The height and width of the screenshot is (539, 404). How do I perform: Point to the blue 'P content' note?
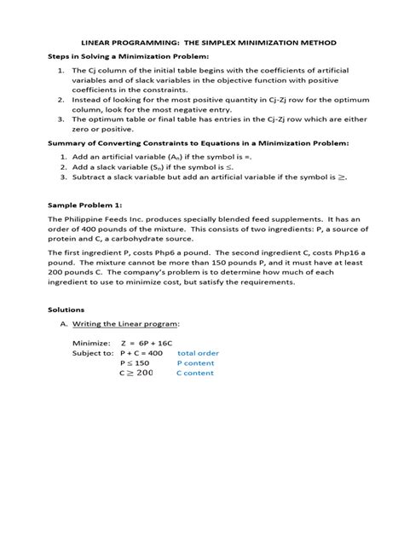coord(195,362)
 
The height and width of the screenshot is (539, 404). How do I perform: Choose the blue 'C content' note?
coord(195,373)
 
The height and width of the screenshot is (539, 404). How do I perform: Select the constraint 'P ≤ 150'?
coord(135,362)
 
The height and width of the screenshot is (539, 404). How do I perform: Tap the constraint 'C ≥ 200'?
coord(136,373)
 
